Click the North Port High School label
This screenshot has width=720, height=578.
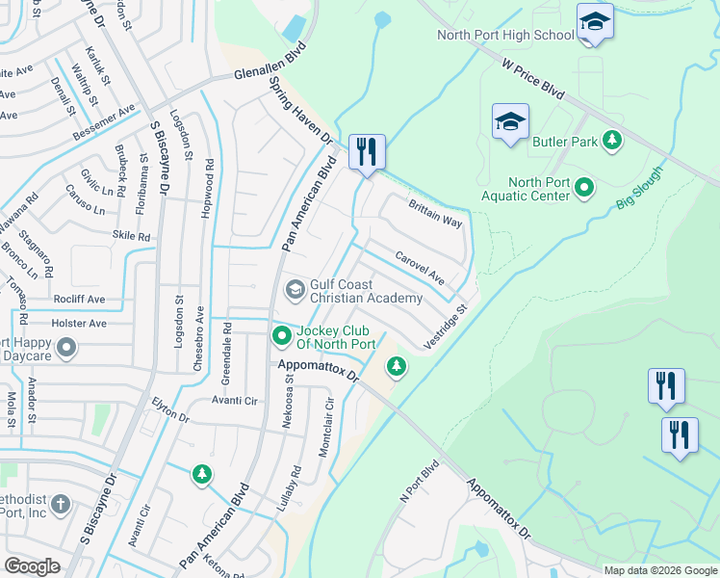click(x=504, y=36)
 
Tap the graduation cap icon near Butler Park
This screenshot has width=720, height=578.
click(x=510, y=122)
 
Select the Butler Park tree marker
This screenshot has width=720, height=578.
click(x=610, y=142)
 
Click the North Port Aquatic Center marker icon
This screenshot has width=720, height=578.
click(x=584, y=188)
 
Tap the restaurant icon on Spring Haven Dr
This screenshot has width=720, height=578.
click(x=367, y=152)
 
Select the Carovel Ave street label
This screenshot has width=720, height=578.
click(x=419, y=267)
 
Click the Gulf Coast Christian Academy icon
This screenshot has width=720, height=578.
click(x=295, y=289)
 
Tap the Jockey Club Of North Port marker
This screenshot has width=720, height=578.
click(x=281, y=336)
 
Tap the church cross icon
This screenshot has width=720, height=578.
click(x=60, y=504)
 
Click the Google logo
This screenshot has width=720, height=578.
click(x=32, y=566)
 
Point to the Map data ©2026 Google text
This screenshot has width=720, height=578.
click(x=660, y=570)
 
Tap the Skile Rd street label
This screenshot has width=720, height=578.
click(x=132, y=236)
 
